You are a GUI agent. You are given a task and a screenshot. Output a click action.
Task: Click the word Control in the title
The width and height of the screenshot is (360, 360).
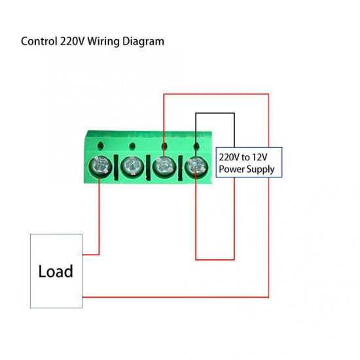pyautogui.click(x=39, y=41)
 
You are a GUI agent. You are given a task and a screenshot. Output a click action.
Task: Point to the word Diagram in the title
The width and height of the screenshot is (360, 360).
pyautogui.click(x=147, y=42)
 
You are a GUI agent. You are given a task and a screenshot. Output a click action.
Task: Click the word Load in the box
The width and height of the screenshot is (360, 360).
pyautogui.click(x=56, y=271)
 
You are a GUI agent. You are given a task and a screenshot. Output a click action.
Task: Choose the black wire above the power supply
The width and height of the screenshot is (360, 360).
pyautogui.click(x=215, y=113)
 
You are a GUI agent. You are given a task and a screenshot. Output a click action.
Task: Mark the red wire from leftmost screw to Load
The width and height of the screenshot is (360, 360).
pyautogui.click(x=99, y=216)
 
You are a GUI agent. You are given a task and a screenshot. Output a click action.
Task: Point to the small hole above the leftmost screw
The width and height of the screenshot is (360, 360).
pyautogui.click(x=99, y=145)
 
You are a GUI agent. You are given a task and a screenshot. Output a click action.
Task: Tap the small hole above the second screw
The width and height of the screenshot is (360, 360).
pyautogui.click(x=132, y=145)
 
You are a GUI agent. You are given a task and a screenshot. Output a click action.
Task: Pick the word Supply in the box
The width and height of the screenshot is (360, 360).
pyautogui.click(x=262, y=170)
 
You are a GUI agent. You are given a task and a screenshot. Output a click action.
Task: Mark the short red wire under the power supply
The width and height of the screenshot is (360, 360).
pyautogui.click(x=215, y=259)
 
